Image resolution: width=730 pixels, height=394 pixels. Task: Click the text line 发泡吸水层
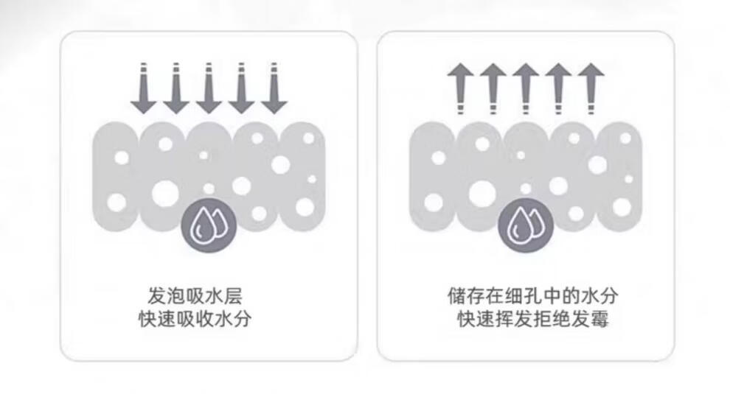[x=195, y=296]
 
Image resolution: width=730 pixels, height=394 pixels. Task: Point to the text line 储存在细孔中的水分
[x=532, y=296]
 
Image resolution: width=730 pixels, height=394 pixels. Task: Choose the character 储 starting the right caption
[x=456, y=296]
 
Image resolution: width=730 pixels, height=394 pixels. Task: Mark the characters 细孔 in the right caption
[x=523, y=296]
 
